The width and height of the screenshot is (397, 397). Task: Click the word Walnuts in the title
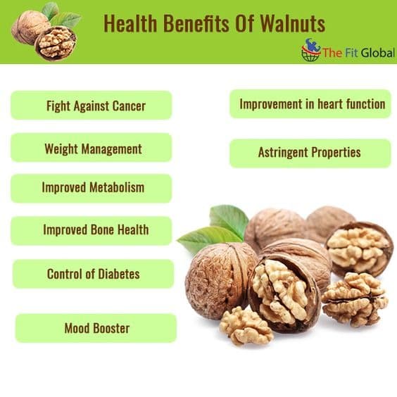coord(293,23)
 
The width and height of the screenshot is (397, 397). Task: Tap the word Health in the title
coord(131,23)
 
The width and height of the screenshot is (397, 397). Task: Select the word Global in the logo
coord(378,53)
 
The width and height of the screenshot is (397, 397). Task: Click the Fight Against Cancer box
coord(92,106)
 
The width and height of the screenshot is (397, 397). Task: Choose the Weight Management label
coord(93,149)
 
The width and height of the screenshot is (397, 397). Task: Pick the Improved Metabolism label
coord(93,188)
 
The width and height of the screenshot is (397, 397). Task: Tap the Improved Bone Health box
coord(92,231)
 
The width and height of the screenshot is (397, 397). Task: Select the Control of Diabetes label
coord(94,274)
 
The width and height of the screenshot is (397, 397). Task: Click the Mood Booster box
coord(96,328)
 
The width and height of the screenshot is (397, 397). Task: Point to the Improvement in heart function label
coord(313,104)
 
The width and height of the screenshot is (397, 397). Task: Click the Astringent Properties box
coord(310,153)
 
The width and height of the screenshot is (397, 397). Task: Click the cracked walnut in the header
coord(56,44)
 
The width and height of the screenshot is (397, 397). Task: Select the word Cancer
coord(129,106)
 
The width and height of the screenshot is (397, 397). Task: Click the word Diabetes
coord(119,274)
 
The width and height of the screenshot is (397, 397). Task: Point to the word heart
coord(330,104)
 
